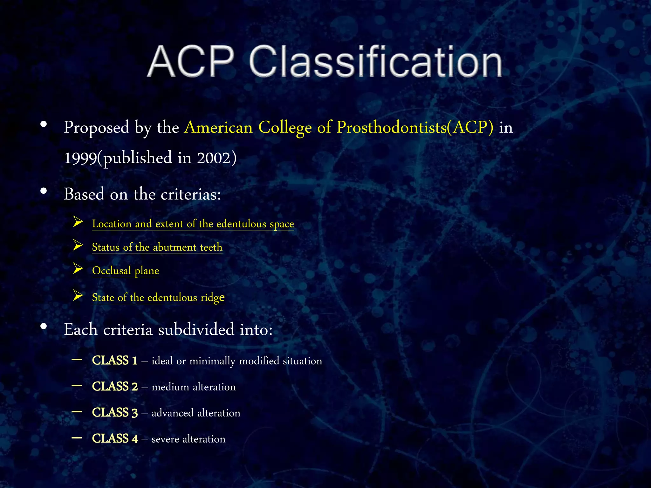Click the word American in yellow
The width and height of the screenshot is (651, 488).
(x=218, y=127)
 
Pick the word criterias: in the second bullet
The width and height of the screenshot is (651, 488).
(x=191, y=194)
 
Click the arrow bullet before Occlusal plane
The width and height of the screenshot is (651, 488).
(x=78, y=269)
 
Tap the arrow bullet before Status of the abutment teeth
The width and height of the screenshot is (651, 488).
(x=78, y=245)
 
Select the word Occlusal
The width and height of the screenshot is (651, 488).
(x=112, y=271)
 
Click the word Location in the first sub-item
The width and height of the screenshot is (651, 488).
(x=112, y=224)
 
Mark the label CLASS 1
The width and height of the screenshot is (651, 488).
(x=115, y=361)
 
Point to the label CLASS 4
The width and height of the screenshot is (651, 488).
(x=115, y=439)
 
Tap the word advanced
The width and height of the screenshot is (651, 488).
(x=172, y=413)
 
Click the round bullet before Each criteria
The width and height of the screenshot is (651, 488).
(x=44, y=326)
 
